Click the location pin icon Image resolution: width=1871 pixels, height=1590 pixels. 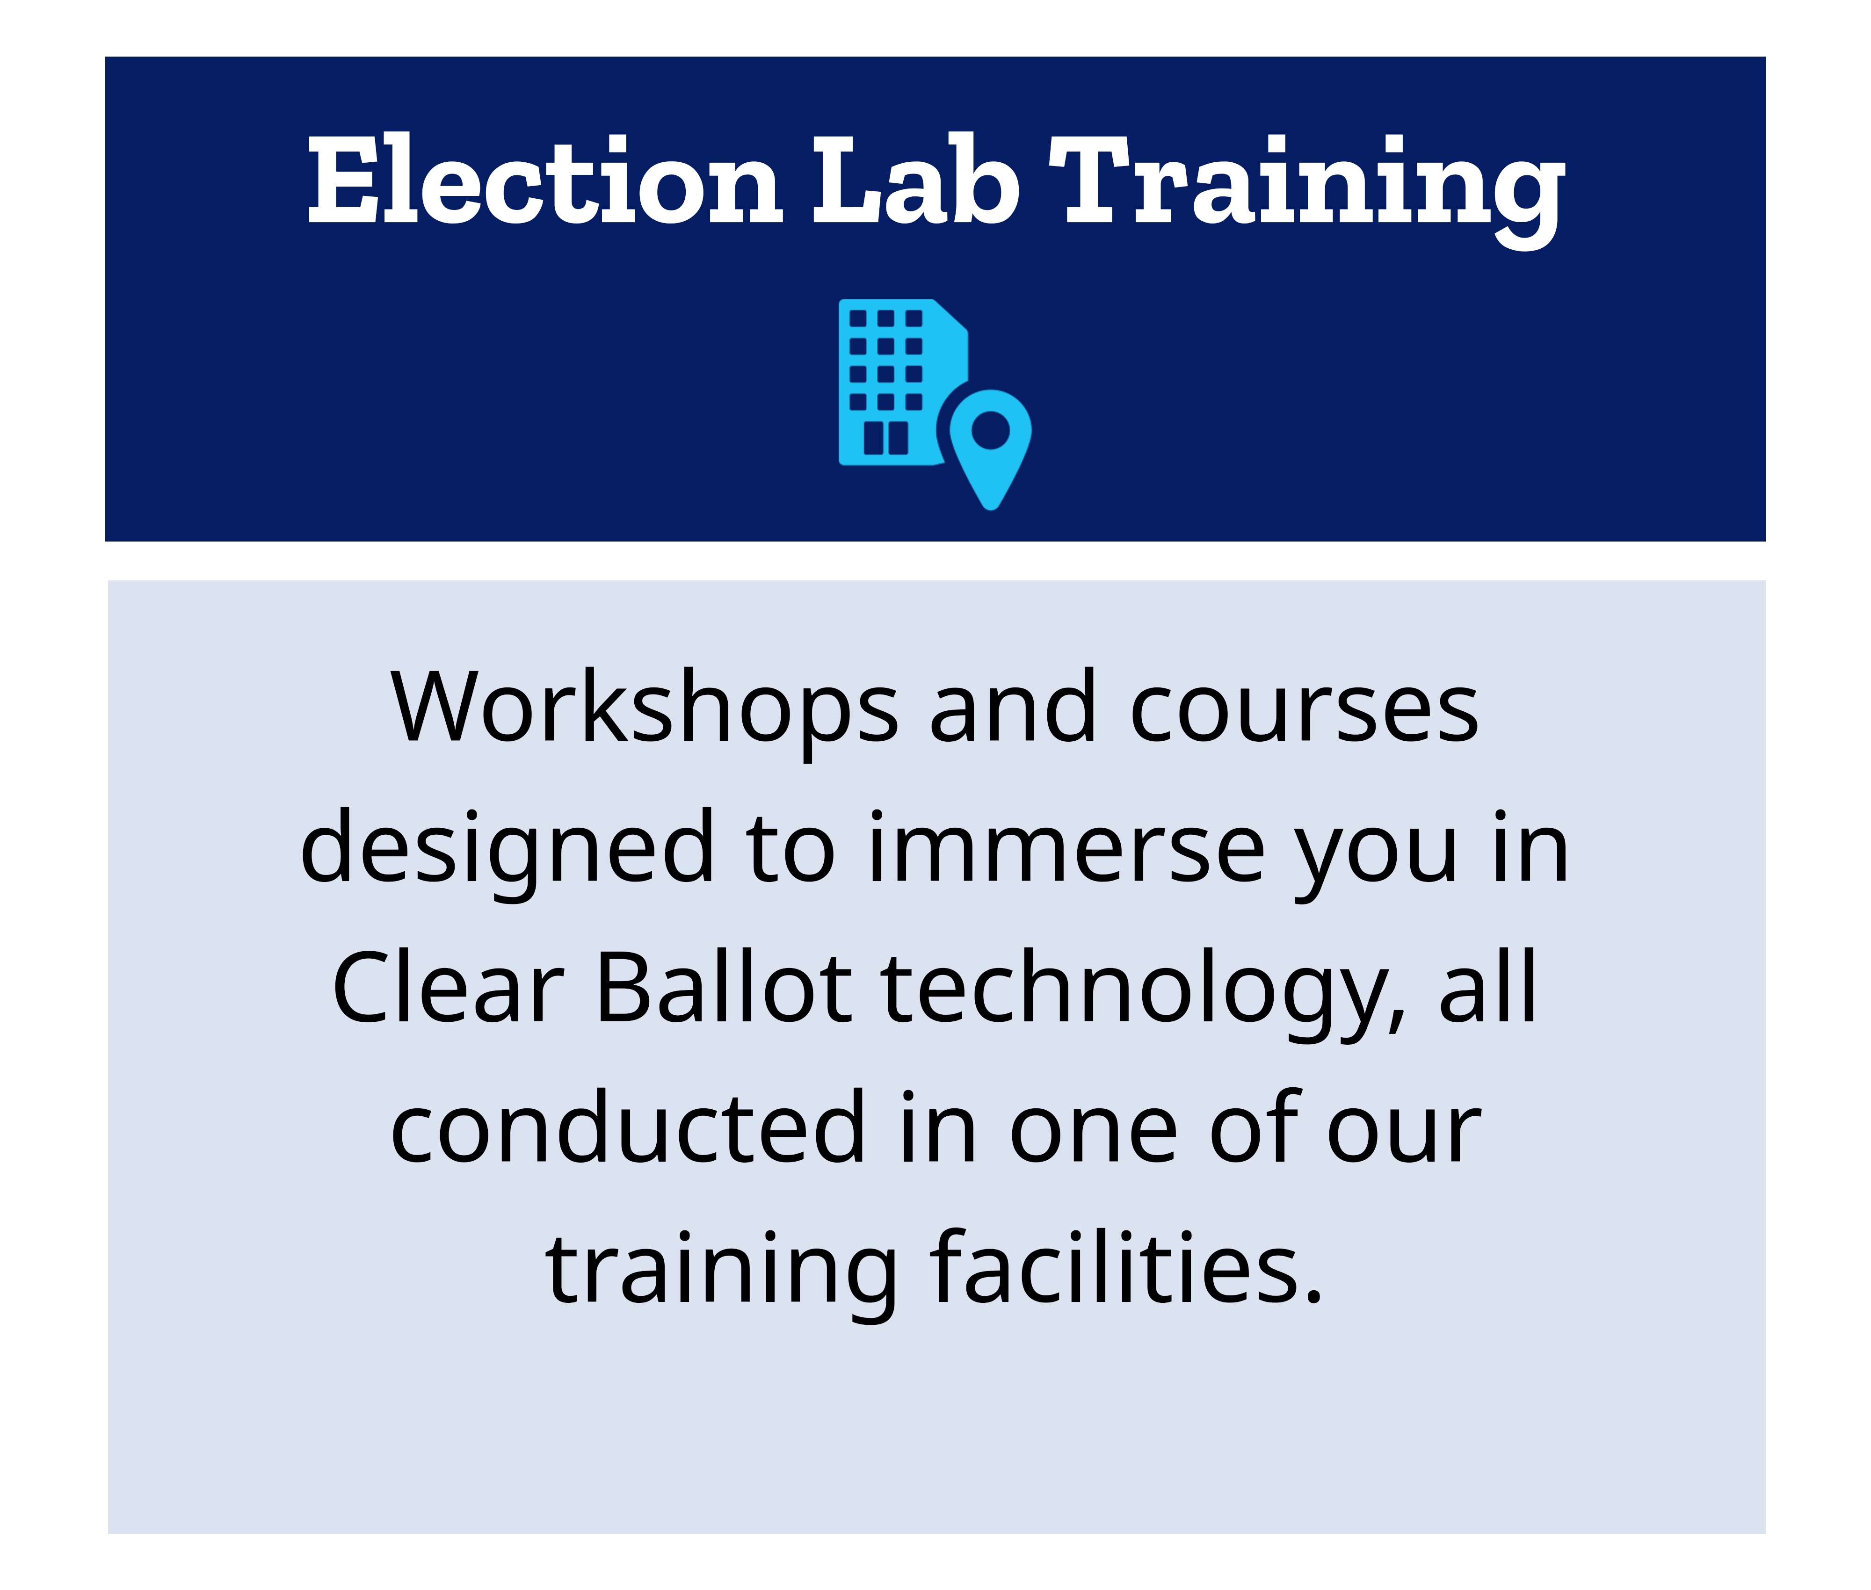990,446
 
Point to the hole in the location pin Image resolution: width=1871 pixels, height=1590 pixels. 990,429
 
